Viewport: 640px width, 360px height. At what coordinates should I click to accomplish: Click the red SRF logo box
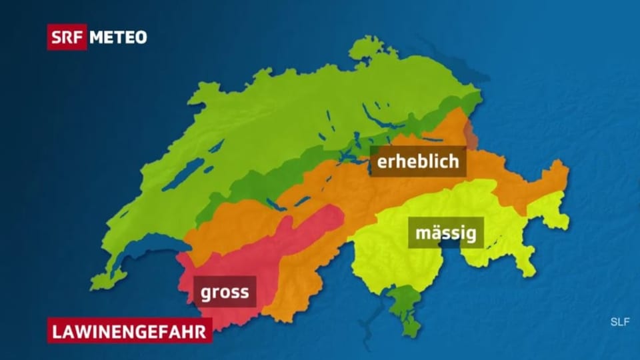[67, 37]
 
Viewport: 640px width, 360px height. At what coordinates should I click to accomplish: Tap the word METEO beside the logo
[118, 37]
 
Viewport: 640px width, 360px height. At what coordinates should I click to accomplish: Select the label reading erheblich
[417, 161]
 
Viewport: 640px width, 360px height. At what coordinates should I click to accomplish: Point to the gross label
[225, 291]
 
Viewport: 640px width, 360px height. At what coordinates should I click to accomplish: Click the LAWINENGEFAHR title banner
[129, 329]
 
